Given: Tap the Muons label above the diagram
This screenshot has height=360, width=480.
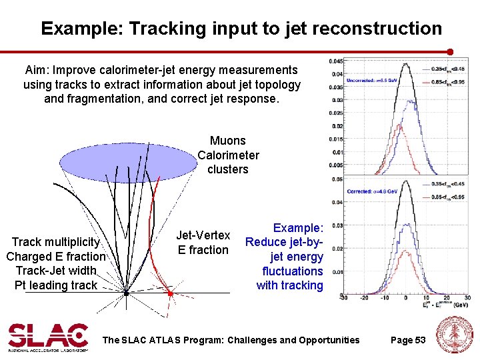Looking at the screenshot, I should click(x=227, y=141).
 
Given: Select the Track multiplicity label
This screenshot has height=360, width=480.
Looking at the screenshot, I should click(x=55, y=242).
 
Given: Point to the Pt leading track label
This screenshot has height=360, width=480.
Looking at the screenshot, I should click(x=55, y=285).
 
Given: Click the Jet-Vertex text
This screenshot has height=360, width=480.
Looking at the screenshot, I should click(x=203, y=235).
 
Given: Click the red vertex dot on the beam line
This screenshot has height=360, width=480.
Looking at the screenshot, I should click(x=170, y=293).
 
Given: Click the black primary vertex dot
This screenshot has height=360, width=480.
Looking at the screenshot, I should click(x=126, y=293).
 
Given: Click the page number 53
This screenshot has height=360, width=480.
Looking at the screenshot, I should click(x=420, y=340).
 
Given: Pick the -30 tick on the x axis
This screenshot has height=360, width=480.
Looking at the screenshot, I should click(x=343, y=299).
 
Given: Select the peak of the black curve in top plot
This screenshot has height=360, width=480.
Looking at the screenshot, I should click(x=405, y=63).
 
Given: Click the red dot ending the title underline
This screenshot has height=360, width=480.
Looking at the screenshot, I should click(x=450, y=51).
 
